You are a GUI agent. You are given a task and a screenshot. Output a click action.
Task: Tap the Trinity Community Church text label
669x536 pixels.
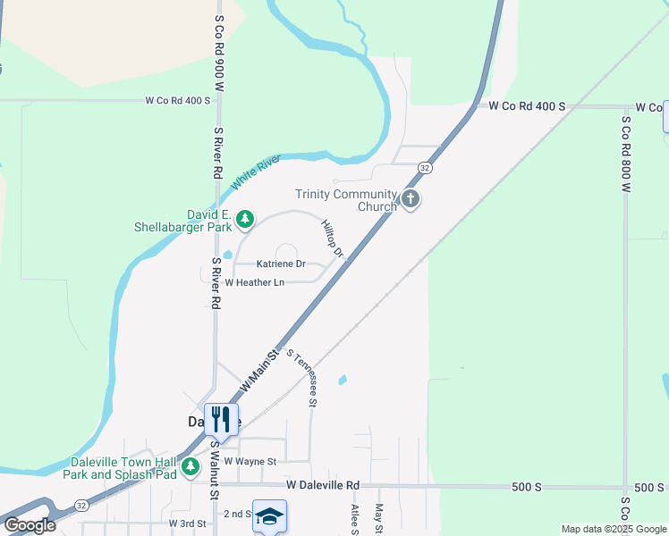pos(346,200)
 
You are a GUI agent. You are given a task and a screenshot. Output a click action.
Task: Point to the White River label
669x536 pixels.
pos(256,172)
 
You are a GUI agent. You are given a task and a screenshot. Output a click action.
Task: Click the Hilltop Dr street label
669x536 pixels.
pos(333,239)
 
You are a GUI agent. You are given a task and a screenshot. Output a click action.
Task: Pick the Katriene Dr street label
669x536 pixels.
pos(281,264)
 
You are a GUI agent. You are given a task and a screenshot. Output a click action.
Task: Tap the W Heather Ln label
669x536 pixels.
pos(254,282)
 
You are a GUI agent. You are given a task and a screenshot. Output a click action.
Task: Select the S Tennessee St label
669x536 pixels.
pos(302,378)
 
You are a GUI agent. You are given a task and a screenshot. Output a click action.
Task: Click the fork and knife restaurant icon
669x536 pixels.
pos(221,418)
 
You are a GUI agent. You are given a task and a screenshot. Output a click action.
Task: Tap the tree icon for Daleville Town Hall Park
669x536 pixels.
pos(190,466)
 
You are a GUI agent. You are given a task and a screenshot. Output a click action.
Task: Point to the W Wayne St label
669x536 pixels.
pos(250,461)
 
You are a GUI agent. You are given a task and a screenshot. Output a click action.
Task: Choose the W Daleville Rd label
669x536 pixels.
pos(323,485)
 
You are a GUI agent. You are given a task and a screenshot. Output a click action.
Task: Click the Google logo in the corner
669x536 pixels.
pos(29,525)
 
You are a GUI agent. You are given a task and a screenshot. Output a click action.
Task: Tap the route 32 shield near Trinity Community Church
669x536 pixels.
pos(425,168)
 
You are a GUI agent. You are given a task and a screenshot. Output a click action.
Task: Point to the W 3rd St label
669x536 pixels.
pos(187,522)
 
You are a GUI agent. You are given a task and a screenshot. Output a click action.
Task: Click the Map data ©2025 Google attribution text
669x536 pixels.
pos(613,530)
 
